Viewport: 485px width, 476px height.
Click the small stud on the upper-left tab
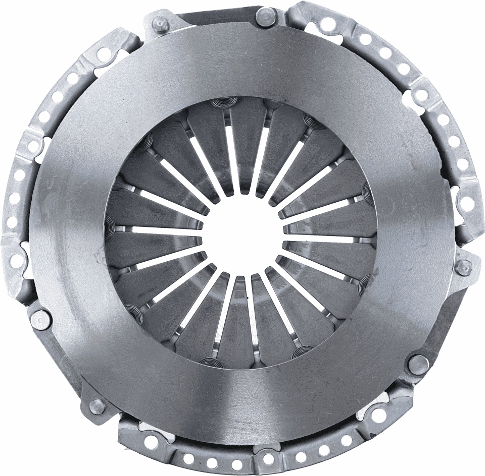point(160,23)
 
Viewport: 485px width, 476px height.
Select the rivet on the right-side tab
point(463,267)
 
